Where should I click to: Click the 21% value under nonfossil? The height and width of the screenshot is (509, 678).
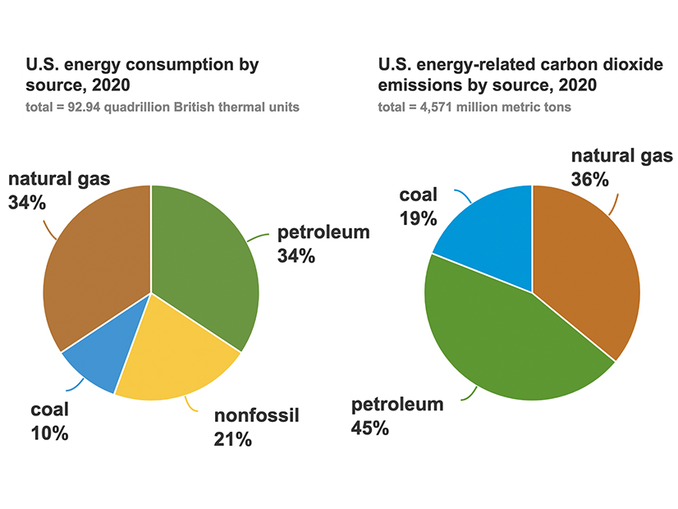(x=232, y=440)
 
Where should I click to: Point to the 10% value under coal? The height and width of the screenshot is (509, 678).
(x=50, y=433)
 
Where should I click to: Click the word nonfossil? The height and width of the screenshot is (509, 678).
(x=259, y=416)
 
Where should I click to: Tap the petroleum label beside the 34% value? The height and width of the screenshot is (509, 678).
(x=323, y=232)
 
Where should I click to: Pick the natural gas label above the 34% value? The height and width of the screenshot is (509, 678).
(x=59, y=179)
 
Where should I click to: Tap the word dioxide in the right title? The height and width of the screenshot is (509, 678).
(x=631, y=64)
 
